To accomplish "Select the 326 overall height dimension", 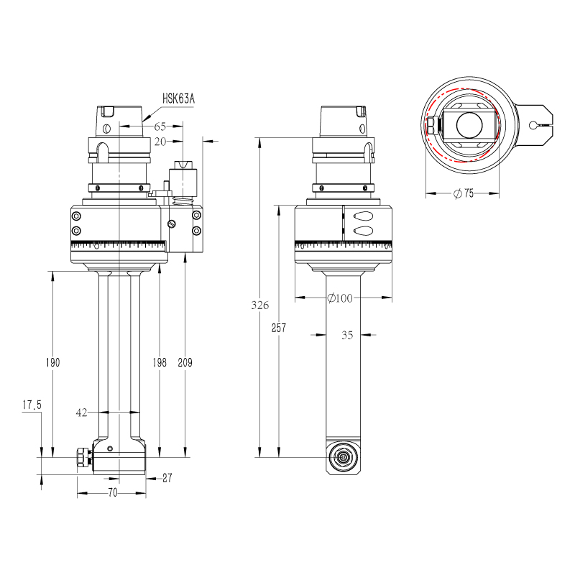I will coord(260,305).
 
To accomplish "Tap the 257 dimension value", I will coord(279,328).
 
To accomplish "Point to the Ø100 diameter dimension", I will coord(339,298).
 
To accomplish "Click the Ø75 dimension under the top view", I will coord(464,193).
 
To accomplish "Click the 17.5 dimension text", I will coord(32,405).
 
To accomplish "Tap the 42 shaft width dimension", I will coord(81,413).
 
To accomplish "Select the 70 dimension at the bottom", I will coord(112,493).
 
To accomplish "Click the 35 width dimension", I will coord(346,334).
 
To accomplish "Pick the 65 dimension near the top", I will coord(160,126).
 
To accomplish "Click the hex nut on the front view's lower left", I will coord(81,457).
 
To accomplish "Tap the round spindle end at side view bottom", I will coord(342,457).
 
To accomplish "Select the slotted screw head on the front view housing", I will coord(171,224).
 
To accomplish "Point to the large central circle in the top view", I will coord(470,126).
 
